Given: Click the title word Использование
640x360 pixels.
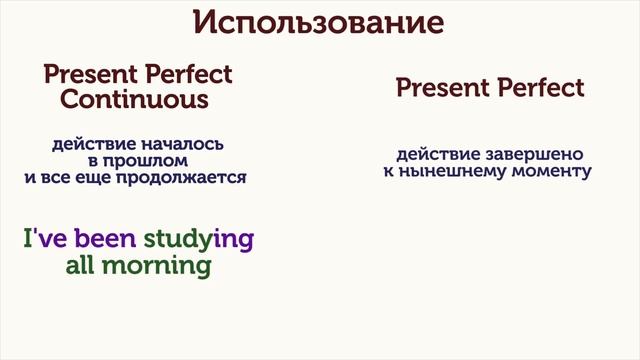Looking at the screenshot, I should (319, 22).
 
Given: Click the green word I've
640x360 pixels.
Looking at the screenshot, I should (38, 240).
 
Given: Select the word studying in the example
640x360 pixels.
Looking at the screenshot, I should (199, 241).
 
